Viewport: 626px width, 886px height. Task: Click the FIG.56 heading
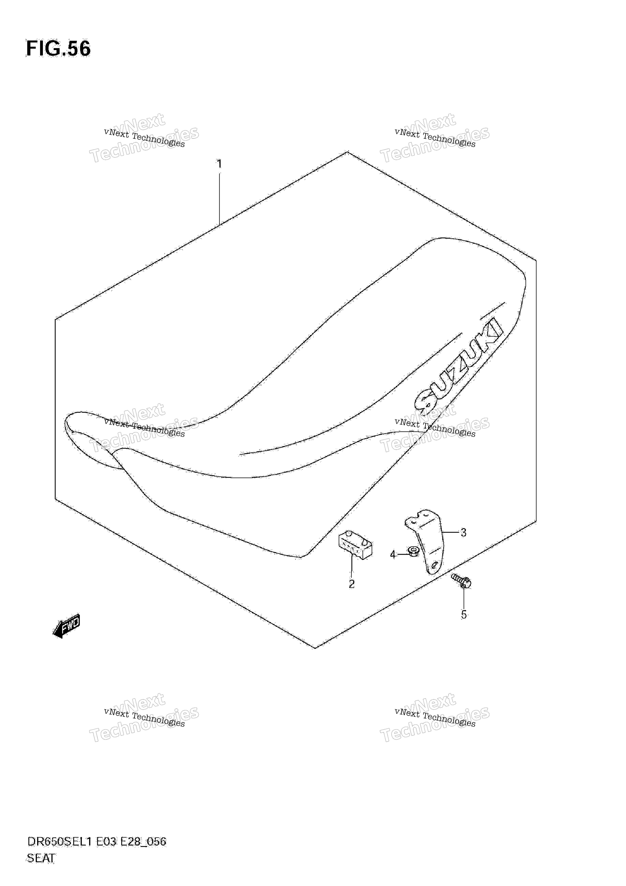click(x=58, y=49)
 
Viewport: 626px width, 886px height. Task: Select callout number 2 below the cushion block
click(x=351, y=584)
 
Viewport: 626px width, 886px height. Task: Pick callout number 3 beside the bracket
click(x=463, y=533)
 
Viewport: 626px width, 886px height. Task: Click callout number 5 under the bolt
click(x=464, y=614)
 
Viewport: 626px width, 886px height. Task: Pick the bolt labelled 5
click(x=461, y=582)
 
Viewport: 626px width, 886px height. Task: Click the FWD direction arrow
click(x=67, y=626)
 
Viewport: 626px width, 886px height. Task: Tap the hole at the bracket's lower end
click(x=434, y=565)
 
